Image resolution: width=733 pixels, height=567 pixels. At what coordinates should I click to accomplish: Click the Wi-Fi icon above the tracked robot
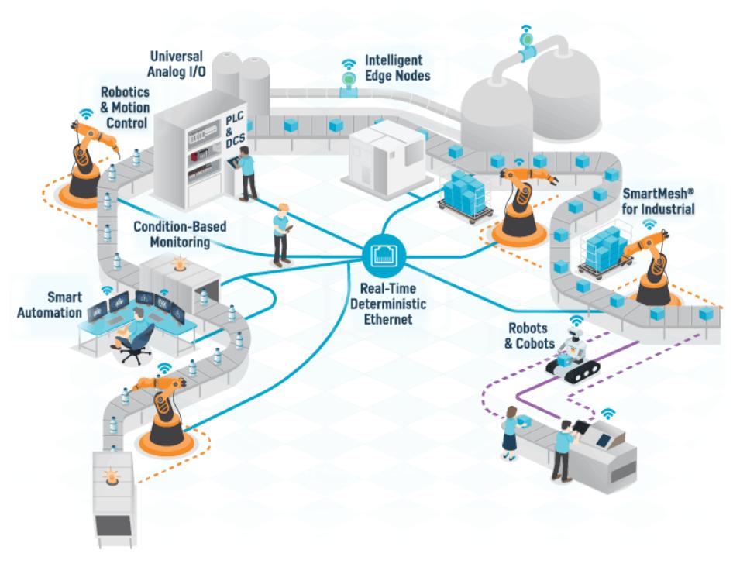click(x=577, y=320)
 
